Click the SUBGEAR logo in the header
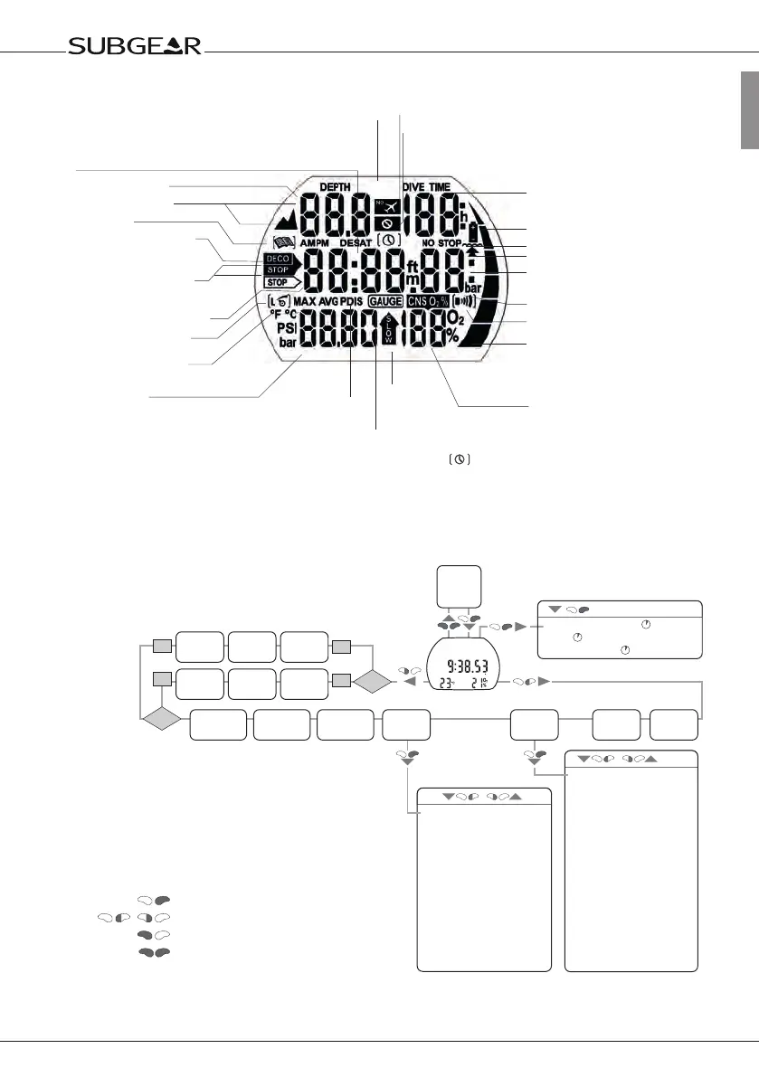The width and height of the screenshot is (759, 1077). (135, 46)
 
